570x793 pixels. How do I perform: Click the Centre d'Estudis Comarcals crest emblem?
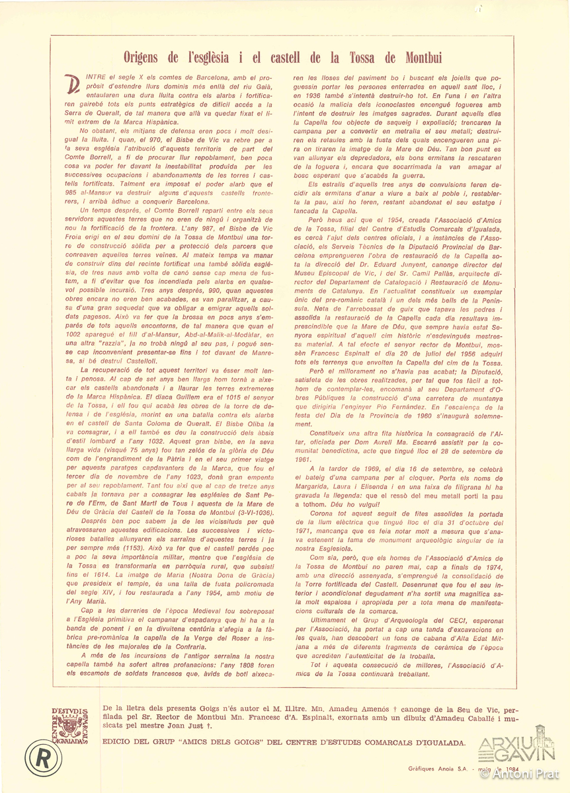click(x=71, y=726)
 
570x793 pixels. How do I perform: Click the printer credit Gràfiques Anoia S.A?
click(x=433, y=770)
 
